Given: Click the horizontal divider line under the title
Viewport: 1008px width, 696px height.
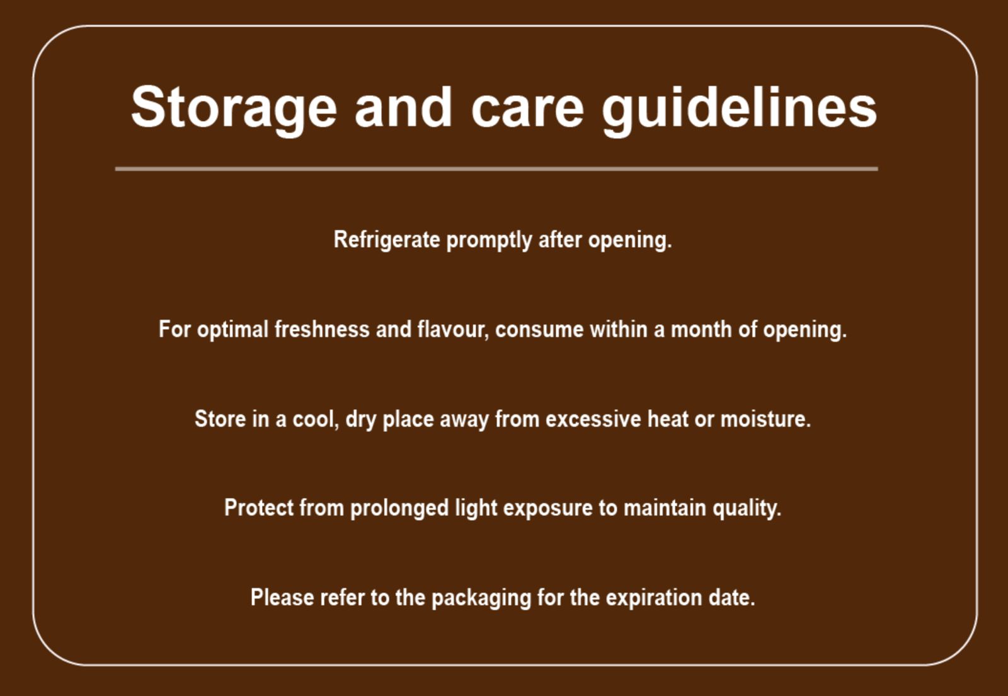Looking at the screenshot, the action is (496, 170).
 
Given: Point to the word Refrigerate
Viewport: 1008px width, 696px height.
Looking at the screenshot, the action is (387, 240).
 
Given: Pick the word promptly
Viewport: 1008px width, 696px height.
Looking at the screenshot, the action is (490, 240).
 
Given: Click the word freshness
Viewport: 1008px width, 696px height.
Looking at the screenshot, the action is (322, 330).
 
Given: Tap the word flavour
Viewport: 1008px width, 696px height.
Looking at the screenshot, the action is (453, 330).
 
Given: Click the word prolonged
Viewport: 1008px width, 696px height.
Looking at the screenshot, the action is (399, 509).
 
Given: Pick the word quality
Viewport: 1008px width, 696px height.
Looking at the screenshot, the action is (747, 509).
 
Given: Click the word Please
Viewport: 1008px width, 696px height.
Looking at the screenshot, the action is (282, 598).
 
